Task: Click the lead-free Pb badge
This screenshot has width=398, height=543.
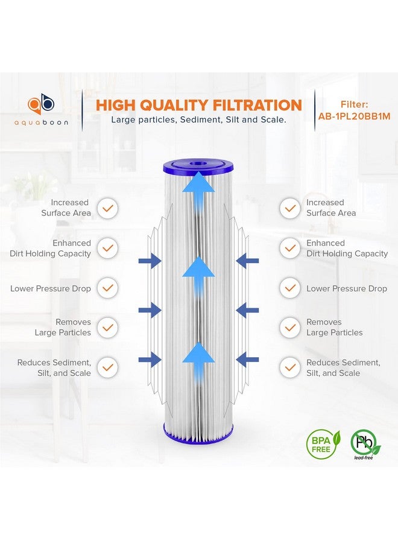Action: (x=365, y=442)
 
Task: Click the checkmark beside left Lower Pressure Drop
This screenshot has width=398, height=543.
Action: (x=108, y=288)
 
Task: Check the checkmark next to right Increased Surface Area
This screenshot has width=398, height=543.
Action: (x=290, y=208)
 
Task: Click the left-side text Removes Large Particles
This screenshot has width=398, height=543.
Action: (x=63, y=327)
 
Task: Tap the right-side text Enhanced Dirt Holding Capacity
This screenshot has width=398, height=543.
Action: (x=347, y=248)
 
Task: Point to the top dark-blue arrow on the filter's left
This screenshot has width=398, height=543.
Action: (x=150, y=261)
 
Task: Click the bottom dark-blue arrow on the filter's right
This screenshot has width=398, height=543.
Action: (x=248, y=360)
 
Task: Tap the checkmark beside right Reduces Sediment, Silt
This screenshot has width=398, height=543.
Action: (x=290, y=367)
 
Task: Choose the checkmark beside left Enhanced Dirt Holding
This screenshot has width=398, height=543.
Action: (x=108, y=248)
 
